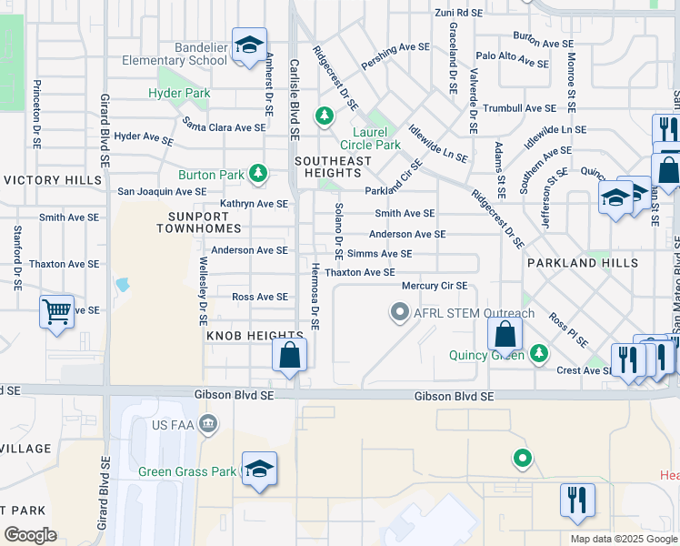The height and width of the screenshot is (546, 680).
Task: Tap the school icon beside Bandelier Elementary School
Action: pyautogui.click(x=247, y=45)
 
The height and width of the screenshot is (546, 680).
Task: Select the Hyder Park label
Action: pyautogui.click(x=179, y=93)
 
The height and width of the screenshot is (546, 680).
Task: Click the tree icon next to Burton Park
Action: pyautogui.click(x=259, y=173)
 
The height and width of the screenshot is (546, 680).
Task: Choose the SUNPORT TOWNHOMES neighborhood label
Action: pyautogui.click(x=204, y=222)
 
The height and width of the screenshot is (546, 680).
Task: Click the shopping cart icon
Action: pyautogui.click(x=56, y=312)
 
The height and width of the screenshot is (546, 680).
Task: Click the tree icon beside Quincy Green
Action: pyautogui.click(x=539, y=351)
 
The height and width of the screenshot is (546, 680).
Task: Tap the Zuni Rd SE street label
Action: pyautogui.click(x=456, y=13)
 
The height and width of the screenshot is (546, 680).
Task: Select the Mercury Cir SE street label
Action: pyautogui.click(x=435, y=286)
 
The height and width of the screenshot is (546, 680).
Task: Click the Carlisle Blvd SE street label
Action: pyautogui.click(x=294, y=100)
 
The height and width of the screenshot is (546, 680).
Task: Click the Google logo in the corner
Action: pyautogui.click(x=30, y=535)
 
